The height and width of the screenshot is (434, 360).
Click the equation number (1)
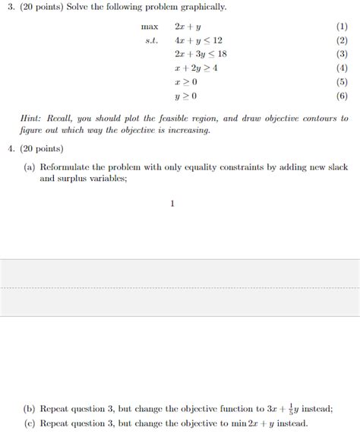(x=341, y=27)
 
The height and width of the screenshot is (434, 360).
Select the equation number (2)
(x=341, y=40)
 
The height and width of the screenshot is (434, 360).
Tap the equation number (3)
(x=341, y=54)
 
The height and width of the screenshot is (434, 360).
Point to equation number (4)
(x=341, y=68)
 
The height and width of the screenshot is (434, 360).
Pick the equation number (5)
(x=341, y=81)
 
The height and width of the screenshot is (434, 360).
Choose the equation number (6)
(x=341, y=96)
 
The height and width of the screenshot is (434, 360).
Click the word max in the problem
(x=149, y=27)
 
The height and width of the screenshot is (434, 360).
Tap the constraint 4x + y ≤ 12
(x=198, y=40)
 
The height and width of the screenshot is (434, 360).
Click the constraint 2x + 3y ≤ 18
(x=201, y=54)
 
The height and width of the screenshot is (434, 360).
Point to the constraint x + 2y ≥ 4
(x=196, y=68)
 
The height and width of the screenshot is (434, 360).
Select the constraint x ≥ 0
(x=185, y=81)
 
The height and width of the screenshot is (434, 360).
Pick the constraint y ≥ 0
(x=185, y=96)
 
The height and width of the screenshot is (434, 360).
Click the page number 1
(x=172, y=203)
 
